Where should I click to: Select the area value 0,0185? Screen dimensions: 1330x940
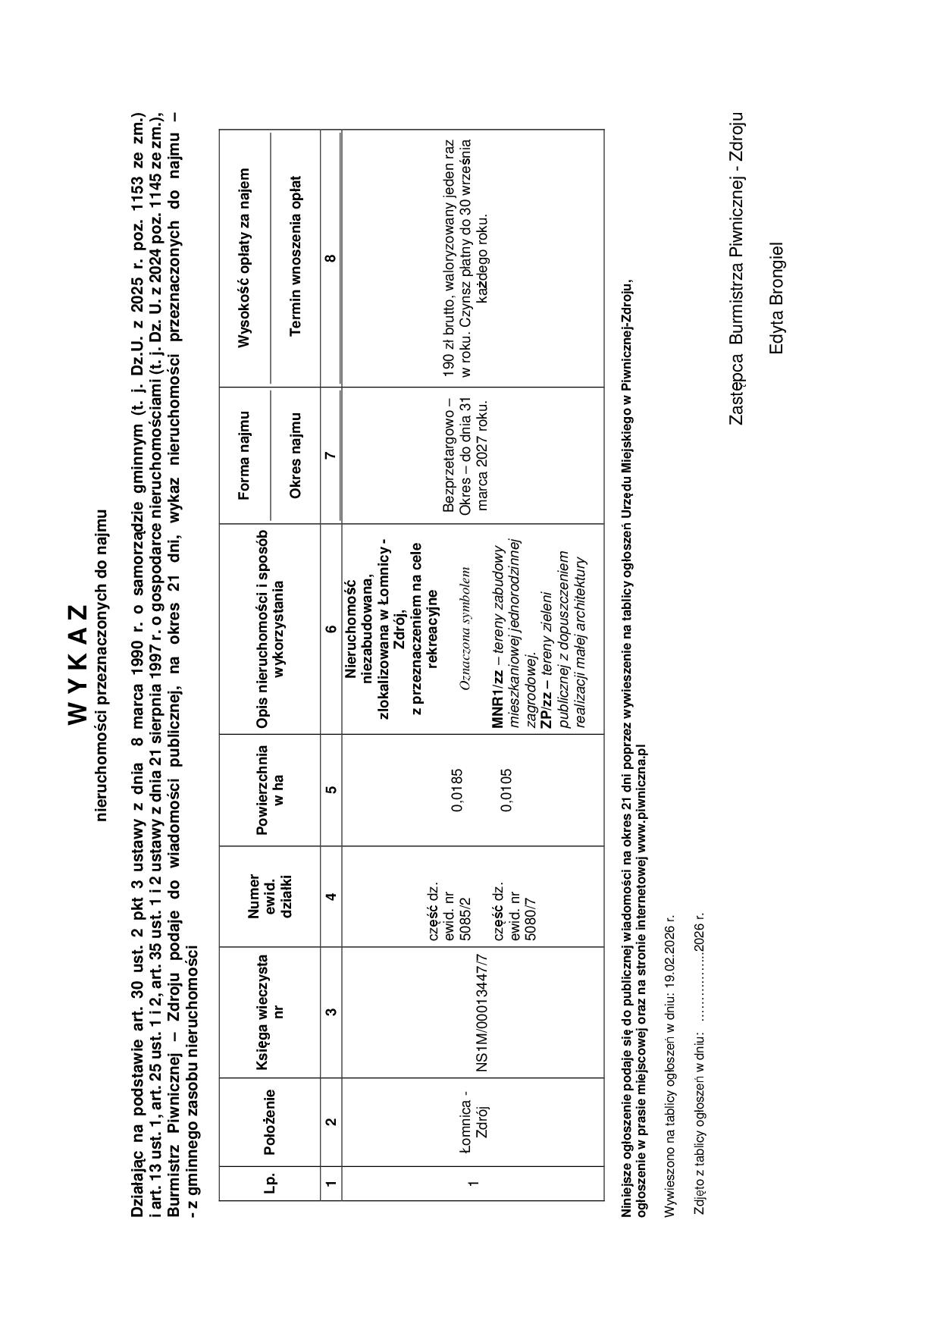[x=457, y=790]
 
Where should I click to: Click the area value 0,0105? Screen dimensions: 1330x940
[x=506, y=790]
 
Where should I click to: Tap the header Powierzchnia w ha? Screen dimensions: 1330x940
[x=270, y=790]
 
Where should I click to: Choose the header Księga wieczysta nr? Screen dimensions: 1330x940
[x=270, y=1012]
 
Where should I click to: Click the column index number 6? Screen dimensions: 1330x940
[x=331, y=629]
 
